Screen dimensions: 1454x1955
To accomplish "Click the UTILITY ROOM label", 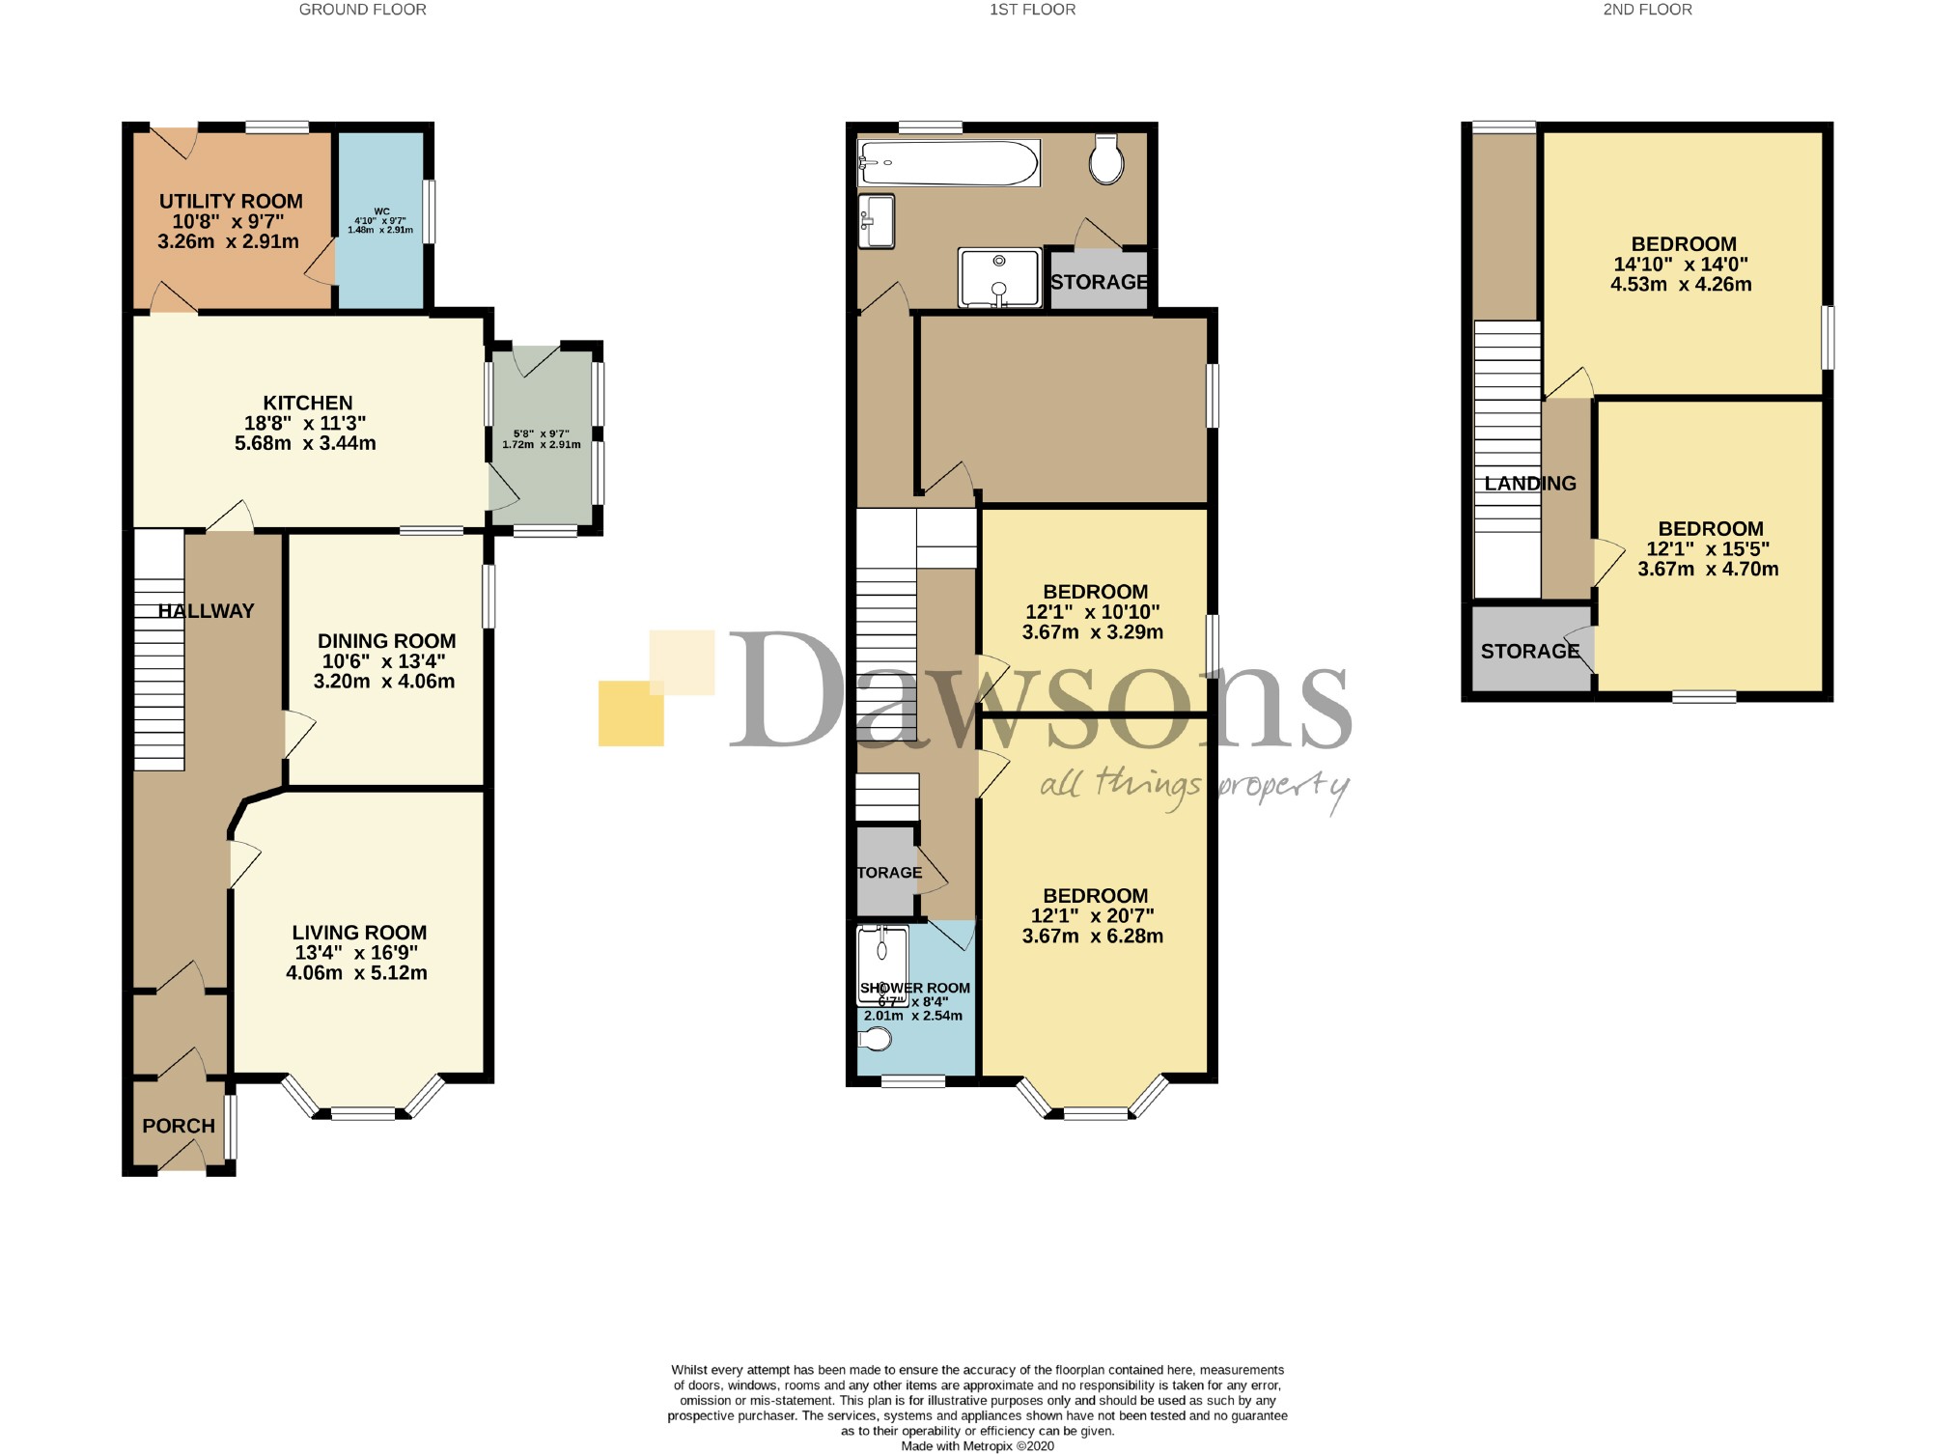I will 231,202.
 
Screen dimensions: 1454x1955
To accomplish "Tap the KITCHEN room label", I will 308,403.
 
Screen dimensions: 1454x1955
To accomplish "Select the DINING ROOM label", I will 386,641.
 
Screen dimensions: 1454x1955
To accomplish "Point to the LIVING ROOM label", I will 359,933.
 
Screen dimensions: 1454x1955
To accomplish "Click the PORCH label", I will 179,1126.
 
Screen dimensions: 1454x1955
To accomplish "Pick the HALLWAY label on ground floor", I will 206,611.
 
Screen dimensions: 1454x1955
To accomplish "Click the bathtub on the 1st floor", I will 948,163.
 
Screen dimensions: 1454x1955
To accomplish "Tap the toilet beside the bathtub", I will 1106,159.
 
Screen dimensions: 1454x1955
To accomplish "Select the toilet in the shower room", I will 876,1040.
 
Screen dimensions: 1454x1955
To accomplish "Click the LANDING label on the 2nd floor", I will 1529,484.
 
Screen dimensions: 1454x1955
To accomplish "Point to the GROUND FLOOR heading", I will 362,10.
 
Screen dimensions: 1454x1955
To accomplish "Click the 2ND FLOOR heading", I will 1647,10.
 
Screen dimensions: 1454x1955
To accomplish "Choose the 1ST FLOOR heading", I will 1032,10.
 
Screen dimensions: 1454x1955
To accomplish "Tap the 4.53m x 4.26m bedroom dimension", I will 1681,285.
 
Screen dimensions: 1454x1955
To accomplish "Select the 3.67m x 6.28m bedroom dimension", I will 1093,937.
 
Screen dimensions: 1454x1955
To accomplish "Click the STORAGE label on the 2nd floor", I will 1529,652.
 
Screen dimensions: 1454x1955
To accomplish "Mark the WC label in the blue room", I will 381,211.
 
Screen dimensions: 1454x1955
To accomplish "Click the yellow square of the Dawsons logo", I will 630,714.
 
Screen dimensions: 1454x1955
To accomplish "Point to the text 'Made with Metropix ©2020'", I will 977,1446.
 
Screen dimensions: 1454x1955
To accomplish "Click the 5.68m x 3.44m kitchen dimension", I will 305,444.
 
